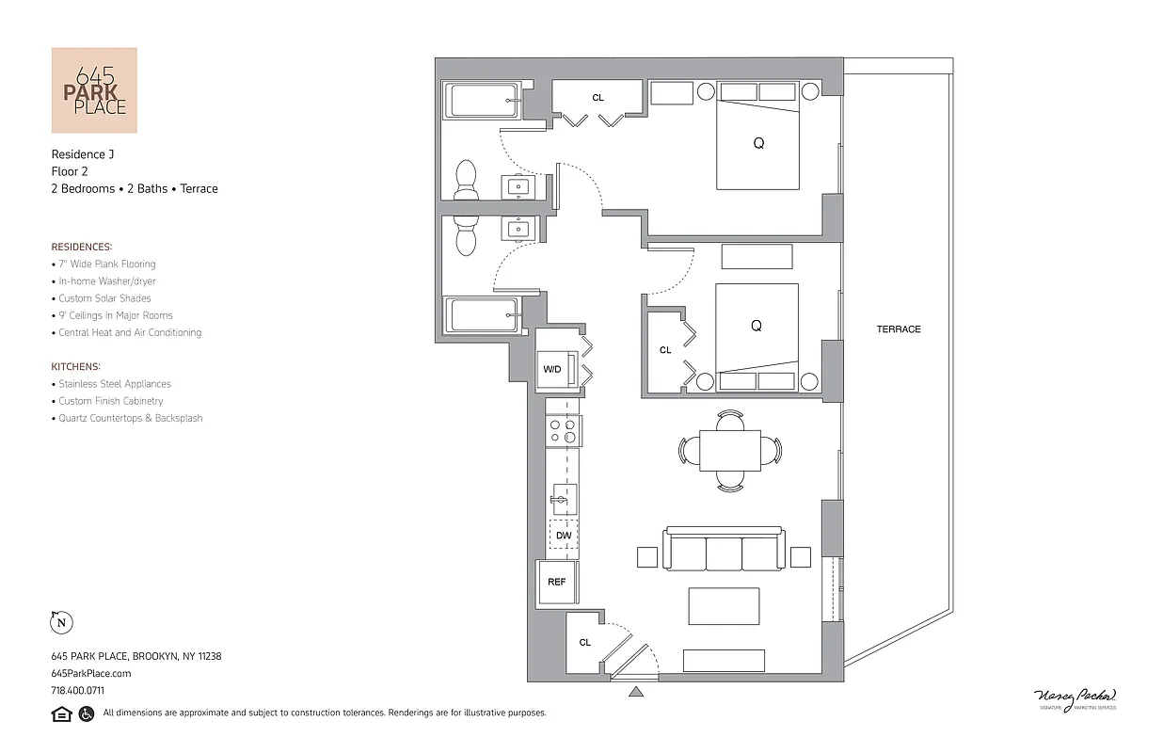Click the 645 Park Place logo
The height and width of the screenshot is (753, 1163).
(x=94, y=90)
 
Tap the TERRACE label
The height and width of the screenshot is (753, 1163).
(x=899, y=329)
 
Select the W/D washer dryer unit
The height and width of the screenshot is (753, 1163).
(x=552, y=369)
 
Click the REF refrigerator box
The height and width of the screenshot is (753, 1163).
(x=557, y=582)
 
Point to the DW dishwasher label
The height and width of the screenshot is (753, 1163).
(x=564, y=536)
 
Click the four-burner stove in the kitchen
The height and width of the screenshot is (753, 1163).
(x=564, y=431)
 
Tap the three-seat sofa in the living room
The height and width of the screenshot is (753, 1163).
(x=724, y=551)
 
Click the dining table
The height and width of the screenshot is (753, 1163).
(x=730, y=451)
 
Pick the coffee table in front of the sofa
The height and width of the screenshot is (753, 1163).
(x=724, y=606)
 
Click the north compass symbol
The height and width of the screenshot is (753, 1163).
(x=61, y=622)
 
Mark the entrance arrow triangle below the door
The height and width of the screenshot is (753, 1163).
(x=636, y=693)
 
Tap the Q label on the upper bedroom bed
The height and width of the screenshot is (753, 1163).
(x=758, y=144)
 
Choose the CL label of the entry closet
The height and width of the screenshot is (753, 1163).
(x=584, y=643)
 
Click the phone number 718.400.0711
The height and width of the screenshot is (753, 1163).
(x=78, y=690)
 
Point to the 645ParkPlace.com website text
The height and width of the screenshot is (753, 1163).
(x=91, y=673)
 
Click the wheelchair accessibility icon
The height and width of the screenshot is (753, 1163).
(x=87, y=713)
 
